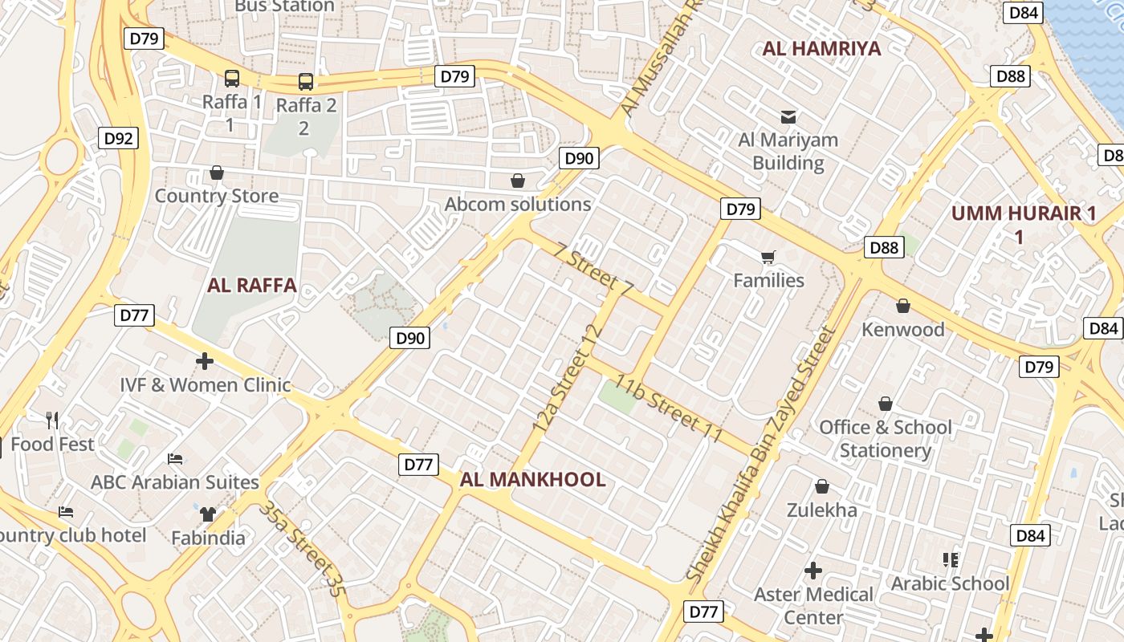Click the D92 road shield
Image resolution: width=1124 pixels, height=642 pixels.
[x=119, y=138]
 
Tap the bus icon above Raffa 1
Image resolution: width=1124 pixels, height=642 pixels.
[x=232, y=79]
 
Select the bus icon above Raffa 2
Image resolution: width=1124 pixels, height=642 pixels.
[x=306, y=81]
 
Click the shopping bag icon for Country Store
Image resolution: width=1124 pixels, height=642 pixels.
[x=216, y=173]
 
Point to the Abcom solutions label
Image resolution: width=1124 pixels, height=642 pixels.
[x=518, y=204]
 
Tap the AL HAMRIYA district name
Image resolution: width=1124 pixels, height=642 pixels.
[x=821, y=48]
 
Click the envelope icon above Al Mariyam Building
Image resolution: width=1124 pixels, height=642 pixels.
[x=788, y=117]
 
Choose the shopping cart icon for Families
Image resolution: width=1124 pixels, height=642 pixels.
[x=768, y=258]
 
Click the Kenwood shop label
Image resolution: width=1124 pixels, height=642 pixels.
[x=903, y=329]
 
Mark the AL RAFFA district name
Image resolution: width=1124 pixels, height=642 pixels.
[x=252, y=285]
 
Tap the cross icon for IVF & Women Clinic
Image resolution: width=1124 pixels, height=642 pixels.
[x=205, y=361]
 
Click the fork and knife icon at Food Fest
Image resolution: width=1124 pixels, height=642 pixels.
[x=52, y=420]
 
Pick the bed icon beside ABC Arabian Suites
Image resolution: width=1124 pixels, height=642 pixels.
[x=175, y=459]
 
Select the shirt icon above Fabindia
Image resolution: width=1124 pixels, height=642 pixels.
[x=209, y=514]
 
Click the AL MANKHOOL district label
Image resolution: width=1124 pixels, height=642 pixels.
[x=532, y=480]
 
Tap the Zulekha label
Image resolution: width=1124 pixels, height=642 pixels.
[x=821, y=510]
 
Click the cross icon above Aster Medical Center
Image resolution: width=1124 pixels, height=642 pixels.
[x=813, y=571]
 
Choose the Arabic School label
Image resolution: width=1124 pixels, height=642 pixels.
[x=950, y=583]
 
